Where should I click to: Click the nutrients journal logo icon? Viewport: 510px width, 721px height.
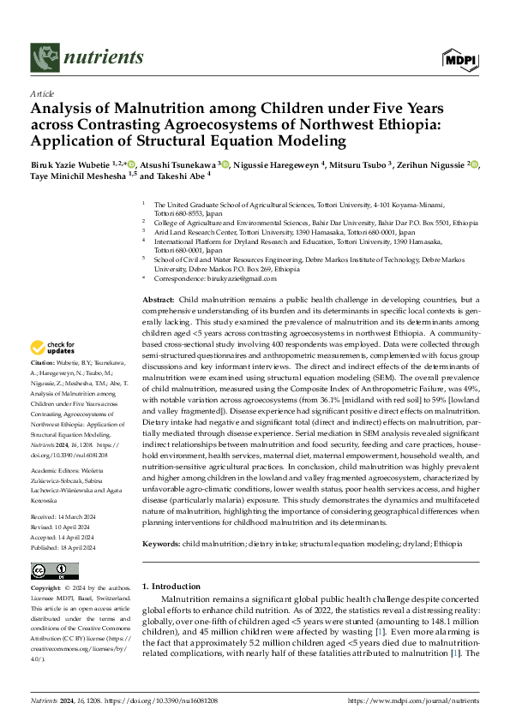[x=44, y=57]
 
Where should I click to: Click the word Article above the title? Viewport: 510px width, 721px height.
[x=42, y=94]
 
